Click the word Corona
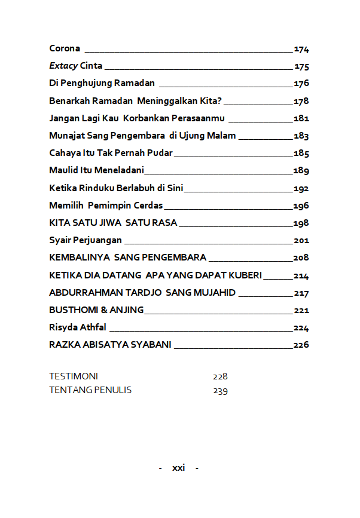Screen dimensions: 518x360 65,48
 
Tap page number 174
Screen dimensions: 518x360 301,49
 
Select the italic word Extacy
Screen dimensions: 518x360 63,66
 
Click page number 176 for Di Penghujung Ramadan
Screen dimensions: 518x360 301,84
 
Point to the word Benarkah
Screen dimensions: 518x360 68,100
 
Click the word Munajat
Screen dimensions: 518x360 66,136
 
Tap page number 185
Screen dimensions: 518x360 301,154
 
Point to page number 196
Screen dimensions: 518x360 301,206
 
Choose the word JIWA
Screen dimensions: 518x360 111,223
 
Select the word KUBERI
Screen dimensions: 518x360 246,275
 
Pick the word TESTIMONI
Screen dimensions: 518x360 74,376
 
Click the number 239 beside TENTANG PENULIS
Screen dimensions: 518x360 220,391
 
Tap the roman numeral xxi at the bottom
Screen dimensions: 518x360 178,468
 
